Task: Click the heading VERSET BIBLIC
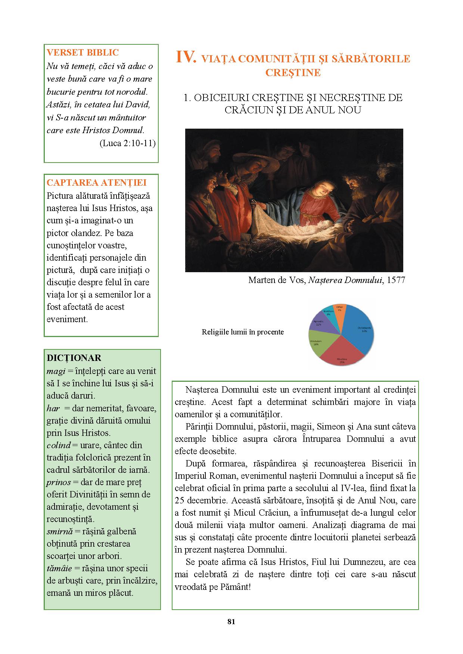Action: (x=83, y=53)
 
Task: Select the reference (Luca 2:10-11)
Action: (x=127, y=143)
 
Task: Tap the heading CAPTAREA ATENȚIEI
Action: (x=96, y=183)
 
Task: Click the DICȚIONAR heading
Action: (x=74, y=358)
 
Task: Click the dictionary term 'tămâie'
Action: (x=59, y=568)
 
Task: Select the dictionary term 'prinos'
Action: (x=59, y=482)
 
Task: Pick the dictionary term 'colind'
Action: (x=59, y=445)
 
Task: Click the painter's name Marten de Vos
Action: (x=277, y=280)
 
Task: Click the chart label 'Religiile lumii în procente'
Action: (x=243, y=332)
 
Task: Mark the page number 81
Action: (x=231, y=622)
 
